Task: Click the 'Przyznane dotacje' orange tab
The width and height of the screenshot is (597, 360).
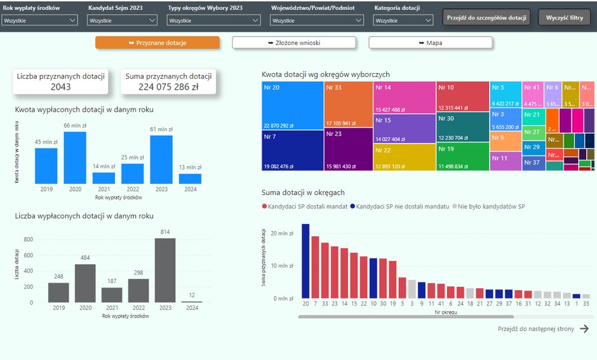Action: click(x=158, y=43)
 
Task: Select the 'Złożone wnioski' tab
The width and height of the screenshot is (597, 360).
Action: click(x=293, y=43)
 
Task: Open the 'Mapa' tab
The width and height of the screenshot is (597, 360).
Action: click(x=430, y=43)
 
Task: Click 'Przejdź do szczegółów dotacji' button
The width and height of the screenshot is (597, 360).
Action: click(x=486, y=17)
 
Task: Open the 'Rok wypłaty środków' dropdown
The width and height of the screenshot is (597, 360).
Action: click(x=39, y=20)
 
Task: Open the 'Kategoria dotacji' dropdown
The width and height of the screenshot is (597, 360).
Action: click(x=403, y=20)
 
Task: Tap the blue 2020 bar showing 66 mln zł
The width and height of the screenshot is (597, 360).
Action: click(x=75, y=157)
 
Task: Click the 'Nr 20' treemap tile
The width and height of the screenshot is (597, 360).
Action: click(x=292, y=105)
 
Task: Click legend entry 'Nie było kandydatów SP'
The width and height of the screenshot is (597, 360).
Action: click(x=490, y=206)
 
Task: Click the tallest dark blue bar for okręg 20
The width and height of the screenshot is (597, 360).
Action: click(x=305, y=261)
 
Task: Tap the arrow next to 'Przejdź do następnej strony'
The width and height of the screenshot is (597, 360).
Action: click(x=584, y=328)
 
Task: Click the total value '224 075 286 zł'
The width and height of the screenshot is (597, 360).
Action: click(x=169, y=87)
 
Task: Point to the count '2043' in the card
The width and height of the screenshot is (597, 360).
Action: click(x=61, y=87)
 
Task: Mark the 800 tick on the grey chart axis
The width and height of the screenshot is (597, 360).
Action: click(x=28, y=239)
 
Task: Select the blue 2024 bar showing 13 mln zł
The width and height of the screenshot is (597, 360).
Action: click(x=190, y=178)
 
